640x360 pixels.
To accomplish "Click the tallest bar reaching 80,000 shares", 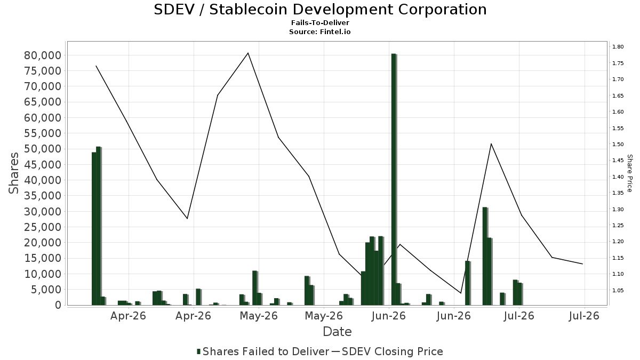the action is [394, 179].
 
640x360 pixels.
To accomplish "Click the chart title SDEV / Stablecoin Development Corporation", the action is [320, 10].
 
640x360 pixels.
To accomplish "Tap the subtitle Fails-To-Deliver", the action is [320, 22].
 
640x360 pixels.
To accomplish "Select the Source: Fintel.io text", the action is [319, 31].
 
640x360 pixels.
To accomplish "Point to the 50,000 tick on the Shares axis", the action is [43, 149].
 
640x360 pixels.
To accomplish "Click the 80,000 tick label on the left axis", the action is [43, 55].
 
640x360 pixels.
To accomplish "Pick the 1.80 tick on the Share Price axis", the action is [618, 46].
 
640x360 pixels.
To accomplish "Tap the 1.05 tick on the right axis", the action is [618, 291].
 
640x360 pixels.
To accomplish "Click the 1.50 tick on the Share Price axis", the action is [618, 145].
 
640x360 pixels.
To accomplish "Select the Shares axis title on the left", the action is [13, 173].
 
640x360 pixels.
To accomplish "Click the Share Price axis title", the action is [629, 173].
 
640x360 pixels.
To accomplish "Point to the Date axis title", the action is [337, 332].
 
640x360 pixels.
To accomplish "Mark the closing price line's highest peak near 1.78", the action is [248, 53].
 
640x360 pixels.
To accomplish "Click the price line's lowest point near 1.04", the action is [461, 293].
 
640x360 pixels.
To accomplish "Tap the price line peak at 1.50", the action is [491, 143].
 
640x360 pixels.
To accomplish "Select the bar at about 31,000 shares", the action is [485, 256].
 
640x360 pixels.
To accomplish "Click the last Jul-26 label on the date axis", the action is [584, 316].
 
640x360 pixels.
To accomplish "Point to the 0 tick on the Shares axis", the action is [58, 305].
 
